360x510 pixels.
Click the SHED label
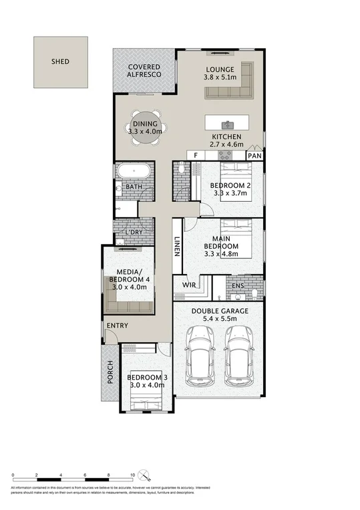pos(60,61)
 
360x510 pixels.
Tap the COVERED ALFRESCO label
pos(145,70)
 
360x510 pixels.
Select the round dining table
pos(145,127)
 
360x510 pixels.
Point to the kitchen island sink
pos(227,124)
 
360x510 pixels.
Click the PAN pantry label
pos(254,156)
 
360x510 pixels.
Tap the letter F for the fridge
pos(195,155)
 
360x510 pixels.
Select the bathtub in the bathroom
pos(134,171)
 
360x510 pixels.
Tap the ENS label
pos(238,285)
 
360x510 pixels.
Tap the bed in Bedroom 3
pos(147,401)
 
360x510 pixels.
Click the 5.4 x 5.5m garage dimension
pos(219,320)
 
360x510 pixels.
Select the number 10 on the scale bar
pos(133,475)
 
